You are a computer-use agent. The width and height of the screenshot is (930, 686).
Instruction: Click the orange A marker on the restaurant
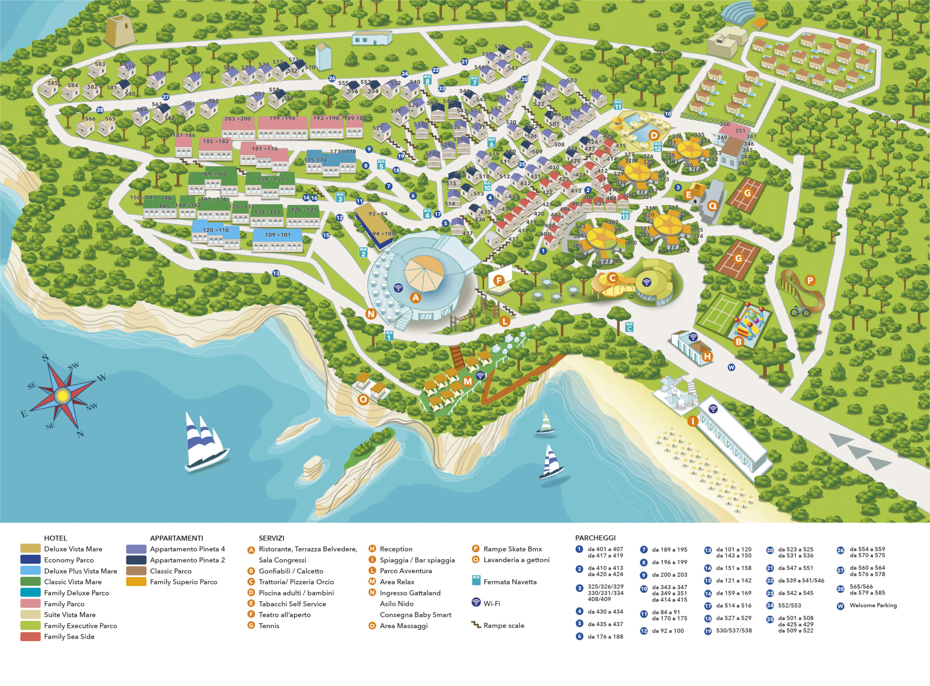pos(415,297)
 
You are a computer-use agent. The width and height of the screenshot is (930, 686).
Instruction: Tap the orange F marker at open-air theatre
pos(499,280)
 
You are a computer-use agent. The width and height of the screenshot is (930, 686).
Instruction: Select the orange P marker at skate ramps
pos(810,280)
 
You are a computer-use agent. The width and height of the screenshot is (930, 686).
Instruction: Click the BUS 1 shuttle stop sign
pos(389,335)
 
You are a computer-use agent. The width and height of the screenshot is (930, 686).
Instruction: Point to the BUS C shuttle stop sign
pos(629,327)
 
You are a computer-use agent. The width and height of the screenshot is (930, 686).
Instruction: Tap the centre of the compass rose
pos(62,396)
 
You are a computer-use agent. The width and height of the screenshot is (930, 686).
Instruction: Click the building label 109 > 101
pos(278,234)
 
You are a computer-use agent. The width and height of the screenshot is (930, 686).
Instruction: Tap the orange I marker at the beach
pos(692,421)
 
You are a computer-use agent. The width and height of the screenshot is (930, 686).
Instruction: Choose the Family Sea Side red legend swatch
pos(30,637)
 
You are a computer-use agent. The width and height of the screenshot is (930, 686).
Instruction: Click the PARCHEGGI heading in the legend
pos(595,538)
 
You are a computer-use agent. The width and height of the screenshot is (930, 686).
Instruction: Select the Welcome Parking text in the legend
pos(873,605)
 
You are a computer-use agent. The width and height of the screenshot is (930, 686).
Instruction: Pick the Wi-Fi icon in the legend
pos(476,602)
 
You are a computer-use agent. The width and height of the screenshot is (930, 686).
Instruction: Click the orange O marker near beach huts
pos(363,400)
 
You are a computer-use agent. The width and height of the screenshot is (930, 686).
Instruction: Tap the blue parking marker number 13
pos(276,273)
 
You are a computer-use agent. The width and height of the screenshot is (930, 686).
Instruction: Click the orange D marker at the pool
pos(654,135)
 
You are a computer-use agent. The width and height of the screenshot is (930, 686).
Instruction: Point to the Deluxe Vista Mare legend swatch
pos(30,549)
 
